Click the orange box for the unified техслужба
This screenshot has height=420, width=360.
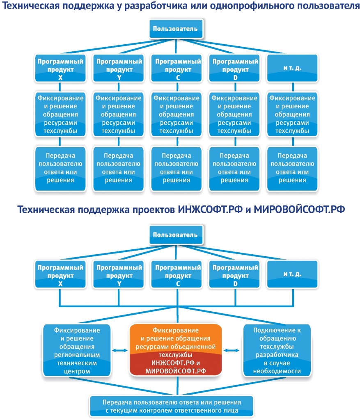coord(176,350)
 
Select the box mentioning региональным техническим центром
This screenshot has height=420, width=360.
coord(77,350)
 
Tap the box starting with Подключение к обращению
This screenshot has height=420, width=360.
coord(277,350)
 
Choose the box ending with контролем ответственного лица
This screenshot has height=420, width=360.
coord(172,406)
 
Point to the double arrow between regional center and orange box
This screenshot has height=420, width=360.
coord(120,350)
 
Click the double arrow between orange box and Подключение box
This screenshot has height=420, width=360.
coord(232,350)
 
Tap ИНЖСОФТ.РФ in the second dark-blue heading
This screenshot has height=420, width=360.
coord(210,210)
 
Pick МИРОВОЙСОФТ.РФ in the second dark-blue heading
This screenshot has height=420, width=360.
coord(299,210)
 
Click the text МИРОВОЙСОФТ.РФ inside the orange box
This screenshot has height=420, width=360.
coord(176,371)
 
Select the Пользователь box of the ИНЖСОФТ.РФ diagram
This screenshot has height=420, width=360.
coord(176,235)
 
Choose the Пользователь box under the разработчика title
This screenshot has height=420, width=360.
coord(176,29)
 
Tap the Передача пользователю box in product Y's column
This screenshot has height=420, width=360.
coord(118,168)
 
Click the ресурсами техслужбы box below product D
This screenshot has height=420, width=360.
coord(234,114)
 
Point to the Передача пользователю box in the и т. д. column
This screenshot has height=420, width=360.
coord(292,168)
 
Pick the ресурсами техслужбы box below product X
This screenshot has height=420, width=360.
coord(60,114)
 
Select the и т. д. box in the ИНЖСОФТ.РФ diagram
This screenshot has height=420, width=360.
coord(292,274)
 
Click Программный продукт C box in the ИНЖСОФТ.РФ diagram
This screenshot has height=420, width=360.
coord(177,274)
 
